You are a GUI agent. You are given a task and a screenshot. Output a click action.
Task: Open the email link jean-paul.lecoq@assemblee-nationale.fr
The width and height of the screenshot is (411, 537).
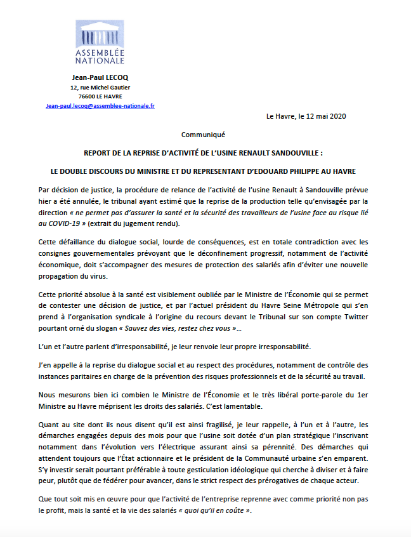click(x=100, y=106)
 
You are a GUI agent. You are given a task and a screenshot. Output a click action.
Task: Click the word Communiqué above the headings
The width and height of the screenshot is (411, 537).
click(x=203, y=135)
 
